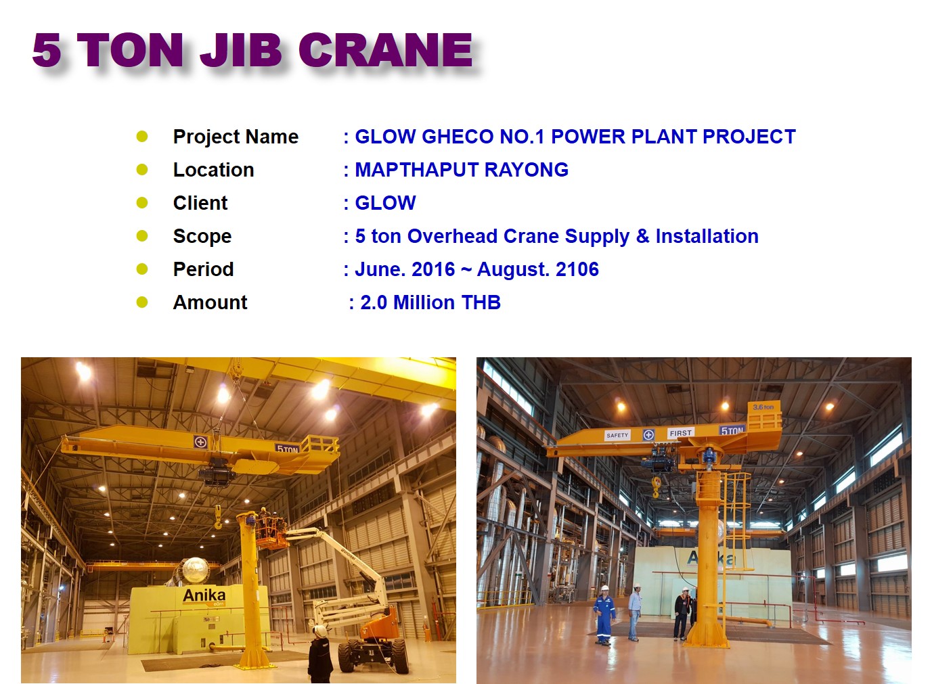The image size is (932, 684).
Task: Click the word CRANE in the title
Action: pos(385,50)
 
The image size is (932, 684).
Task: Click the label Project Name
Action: pos(236,137)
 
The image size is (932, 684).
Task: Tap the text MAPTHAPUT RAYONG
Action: pos(462,170)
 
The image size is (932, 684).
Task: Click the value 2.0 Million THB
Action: pos(430,302)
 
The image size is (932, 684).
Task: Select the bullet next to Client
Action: pos(142,203)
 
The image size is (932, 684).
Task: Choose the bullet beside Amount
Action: pos(142,302)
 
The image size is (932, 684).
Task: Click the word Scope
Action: pos(202,236)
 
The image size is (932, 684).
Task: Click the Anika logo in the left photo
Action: pos(204,595)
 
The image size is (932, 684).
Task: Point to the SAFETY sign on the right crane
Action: pos(617,435)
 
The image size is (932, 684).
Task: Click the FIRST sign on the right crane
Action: pos(681,433)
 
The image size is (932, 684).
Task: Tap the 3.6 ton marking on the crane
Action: pos(763,407)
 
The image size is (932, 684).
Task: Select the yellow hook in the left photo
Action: pos(218,518)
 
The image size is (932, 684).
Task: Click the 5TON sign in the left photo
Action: pos(287,449)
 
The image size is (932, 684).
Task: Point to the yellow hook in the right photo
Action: pos(656,486)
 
